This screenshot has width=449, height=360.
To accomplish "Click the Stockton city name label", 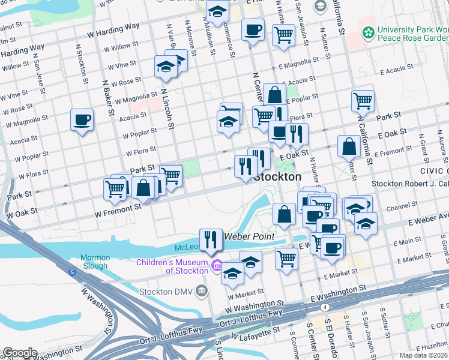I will (x=277, y=177).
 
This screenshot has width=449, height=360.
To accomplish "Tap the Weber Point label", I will (x=249, y=236).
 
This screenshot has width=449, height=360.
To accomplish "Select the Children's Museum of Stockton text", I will (x=172, y=266).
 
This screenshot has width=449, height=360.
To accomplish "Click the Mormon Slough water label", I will (x=94, y=262).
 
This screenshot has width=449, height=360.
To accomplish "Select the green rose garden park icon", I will (x=367, y=31).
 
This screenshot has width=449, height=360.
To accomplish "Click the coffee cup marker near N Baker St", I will (x=82, y=119).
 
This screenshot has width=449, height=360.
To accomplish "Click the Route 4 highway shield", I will (x=324, y=307).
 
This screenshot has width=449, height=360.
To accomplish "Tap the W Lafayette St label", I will (x=252, y=332).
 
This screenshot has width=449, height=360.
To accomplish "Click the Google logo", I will (x=20, y=352).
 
